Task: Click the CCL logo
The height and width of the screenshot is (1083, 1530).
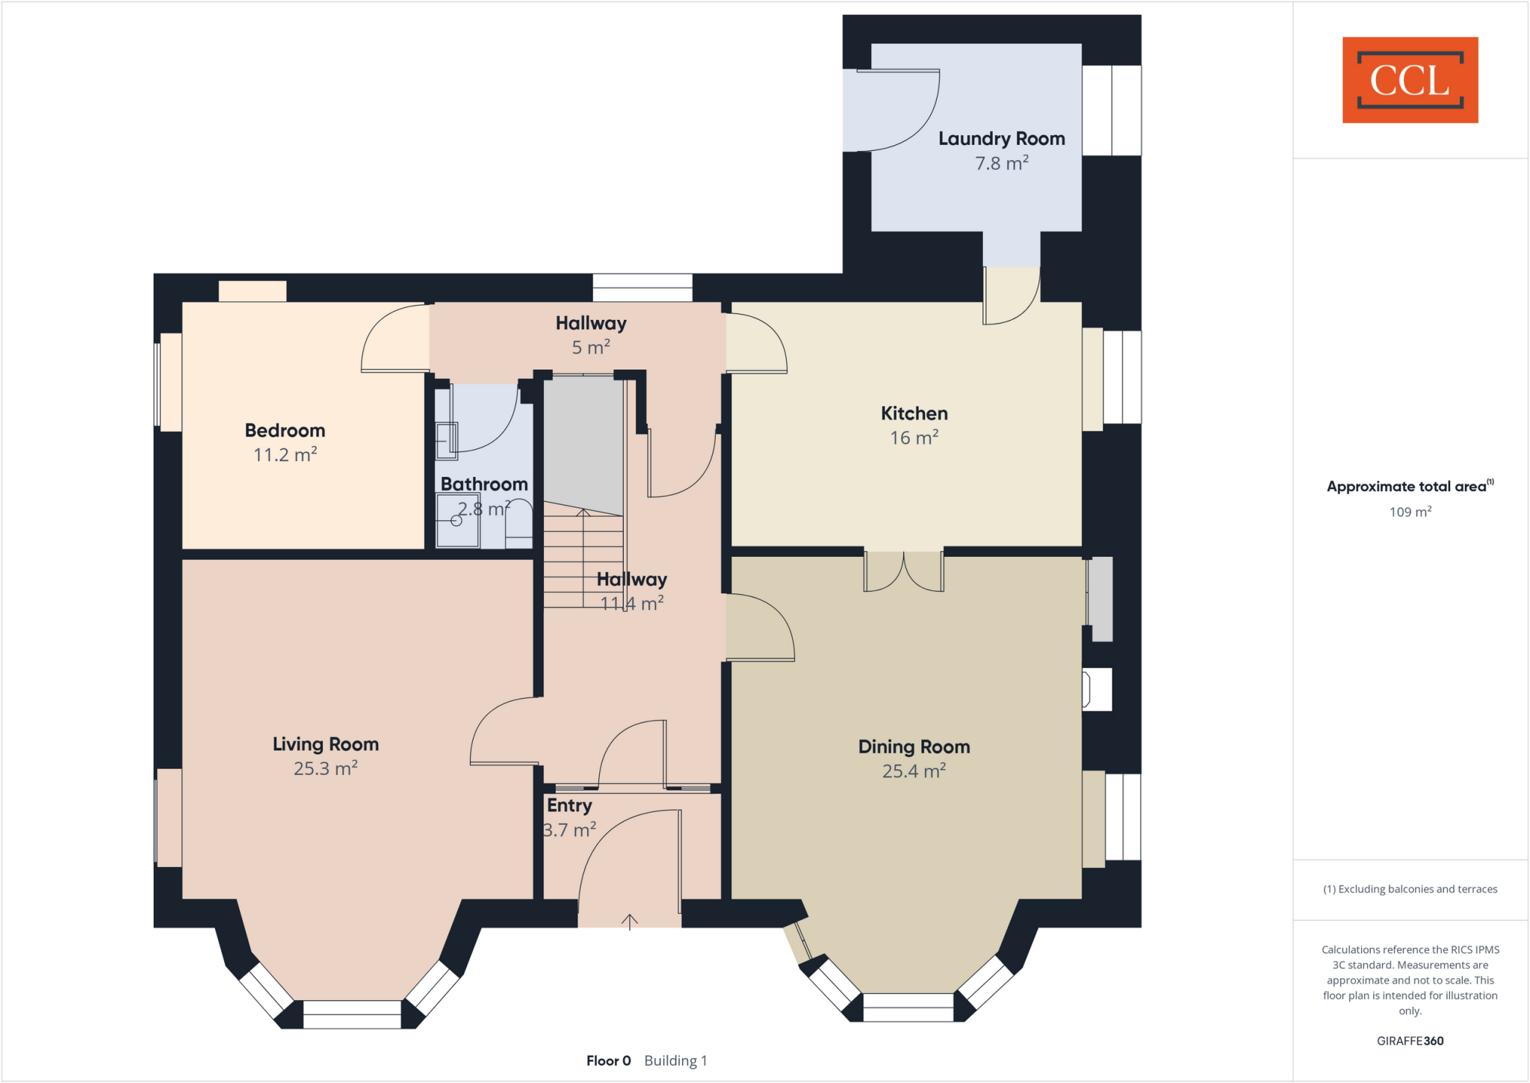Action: pyautogui.click(x=1410, y=80)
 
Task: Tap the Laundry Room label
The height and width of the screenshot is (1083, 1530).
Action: pyautogui.click(x=1001, y=139)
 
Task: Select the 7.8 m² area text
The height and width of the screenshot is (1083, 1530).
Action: pyautogui.click(x=1001, y=163)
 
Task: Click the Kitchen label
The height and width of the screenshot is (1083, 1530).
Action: pyautogui.click(x=914, y=413)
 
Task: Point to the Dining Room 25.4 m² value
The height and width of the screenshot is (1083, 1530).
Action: pyautogui.click(x=914, y=771)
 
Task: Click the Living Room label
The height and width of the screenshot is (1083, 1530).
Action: pyautogui.click(x=325, y=744)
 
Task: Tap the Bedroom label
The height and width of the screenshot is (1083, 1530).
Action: pyautogui.click(x=285, y=431)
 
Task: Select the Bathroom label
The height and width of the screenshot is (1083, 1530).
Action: pyautogui.click(x=484, y=484)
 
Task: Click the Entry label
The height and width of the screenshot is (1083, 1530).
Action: pyautogui.click(x=569, y=806)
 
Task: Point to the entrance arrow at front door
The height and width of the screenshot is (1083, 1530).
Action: pyautogui.click(x=630, y=922)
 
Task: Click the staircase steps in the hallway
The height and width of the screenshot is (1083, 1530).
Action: pyautogui.click(x=583, y=557)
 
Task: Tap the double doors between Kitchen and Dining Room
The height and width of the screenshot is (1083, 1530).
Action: pyautogui.click(x=903, y=572)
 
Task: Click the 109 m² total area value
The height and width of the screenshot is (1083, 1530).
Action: pyautogui.click(x=1410, y=512)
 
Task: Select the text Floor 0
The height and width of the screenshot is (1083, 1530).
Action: pyautogui.click(x=608, y=1061)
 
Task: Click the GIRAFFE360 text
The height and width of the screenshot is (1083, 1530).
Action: pyautogui.click(x=1410, y=1040)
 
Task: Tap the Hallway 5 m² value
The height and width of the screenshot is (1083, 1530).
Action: pyautogui.click(x=590, y=348)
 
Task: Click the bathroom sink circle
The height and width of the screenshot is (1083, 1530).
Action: pyautogui.click(x=456, y=521)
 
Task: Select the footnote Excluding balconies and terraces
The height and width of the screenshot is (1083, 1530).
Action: pyautogui.click(x=1410, y=889)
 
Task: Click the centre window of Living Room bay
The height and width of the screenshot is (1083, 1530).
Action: pyautogui.click(x=352, y=1014)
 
